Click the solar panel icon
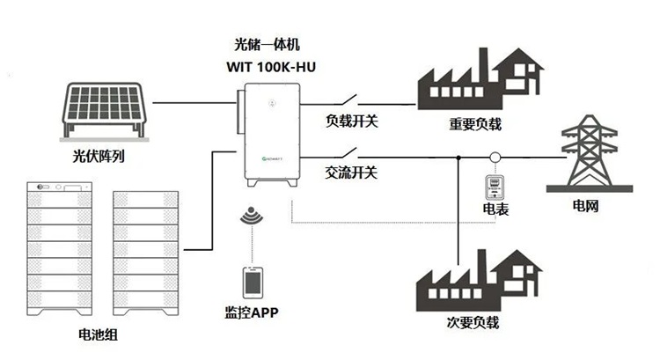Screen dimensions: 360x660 point(104,107)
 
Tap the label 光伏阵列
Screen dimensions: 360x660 point(99,158)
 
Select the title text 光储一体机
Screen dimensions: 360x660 point(268,43)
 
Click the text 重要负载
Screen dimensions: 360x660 point(475,125)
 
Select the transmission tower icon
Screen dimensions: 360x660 point(589,156)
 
